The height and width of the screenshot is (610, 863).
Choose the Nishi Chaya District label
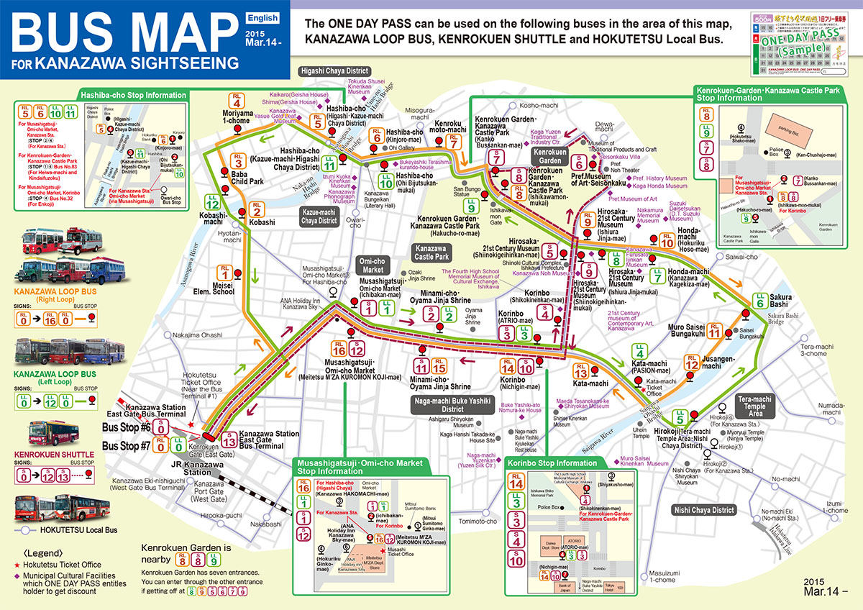coord(704,510)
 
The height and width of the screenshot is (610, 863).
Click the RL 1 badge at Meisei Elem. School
coord(225,273)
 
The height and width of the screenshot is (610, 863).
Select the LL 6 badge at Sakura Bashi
coord(761,301)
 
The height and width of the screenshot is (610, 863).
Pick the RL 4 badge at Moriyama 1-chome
coord(237,100)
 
